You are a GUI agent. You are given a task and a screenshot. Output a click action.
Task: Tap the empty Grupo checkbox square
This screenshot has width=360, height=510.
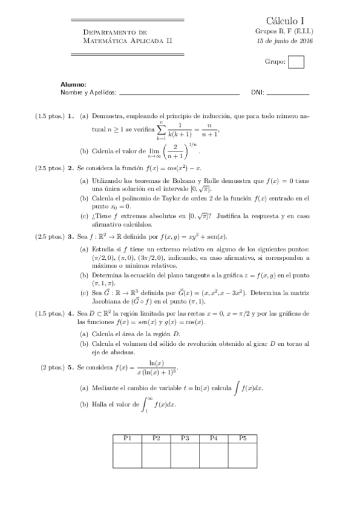click(x=296, y=62)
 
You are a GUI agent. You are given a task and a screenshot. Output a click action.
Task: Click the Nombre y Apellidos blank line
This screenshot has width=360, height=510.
click(x=179, y=94)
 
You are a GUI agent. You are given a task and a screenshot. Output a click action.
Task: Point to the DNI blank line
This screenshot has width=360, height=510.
click(x=287, y=94)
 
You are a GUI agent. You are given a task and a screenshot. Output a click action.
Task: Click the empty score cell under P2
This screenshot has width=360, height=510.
click(x=156, y=455)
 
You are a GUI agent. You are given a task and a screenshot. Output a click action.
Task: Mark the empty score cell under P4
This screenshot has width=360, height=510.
click(x=214, y=455)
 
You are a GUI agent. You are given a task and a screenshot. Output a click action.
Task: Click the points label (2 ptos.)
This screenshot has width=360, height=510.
click(x=52, y=366)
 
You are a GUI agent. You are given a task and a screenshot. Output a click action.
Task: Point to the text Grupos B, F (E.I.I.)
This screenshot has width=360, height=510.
click(x=284, y=31)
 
